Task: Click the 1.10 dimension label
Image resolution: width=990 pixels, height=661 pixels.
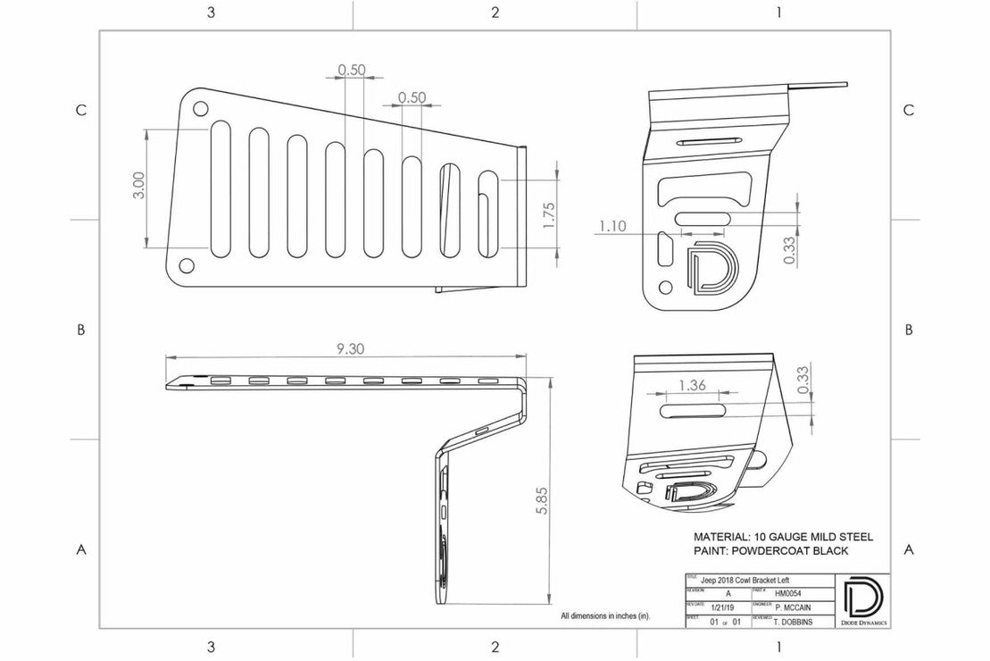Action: tap(612, 227)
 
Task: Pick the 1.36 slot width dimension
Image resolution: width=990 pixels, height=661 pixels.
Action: tap(693, 386)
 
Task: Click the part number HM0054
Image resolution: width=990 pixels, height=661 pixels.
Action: tap(786, 592)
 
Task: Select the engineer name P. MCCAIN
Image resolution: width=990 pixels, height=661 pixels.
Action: tap(794, 605)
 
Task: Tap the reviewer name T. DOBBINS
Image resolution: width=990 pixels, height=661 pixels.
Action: tap(793, 618)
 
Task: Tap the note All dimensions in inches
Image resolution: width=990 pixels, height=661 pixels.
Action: tap(605, 616)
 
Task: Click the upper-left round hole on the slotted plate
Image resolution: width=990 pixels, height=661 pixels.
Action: tap(200, 109)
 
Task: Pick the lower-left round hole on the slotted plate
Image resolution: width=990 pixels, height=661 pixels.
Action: tap(186, 265)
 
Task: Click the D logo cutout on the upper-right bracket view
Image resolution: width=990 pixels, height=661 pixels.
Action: tap(712, 267)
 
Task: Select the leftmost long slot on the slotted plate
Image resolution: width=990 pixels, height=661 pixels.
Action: tap(220, 190)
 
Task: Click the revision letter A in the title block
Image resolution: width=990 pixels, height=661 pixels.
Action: tap(728, 592)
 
